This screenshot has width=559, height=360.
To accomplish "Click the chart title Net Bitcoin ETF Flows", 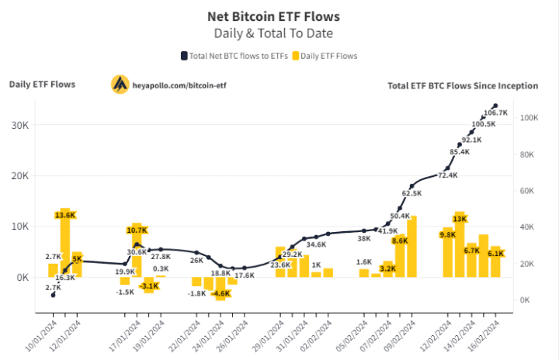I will click(x=273, y=16).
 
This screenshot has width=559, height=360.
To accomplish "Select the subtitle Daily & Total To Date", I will click(x=273, y=33).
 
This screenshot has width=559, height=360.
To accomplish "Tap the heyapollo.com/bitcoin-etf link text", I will click(x=180, y=84).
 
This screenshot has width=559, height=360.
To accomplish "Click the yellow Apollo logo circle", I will click(x=120, y=84).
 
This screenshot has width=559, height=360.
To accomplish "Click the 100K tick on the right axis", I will click(x=530, y=118).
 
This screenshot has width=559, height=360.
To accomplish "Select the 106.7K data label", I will click(x=495, y=112).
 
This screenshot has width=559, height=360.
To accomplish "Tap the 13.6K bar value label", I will click(x=65, y=214).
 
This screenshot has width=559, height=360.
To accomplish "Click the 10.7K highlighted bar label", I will click(x=137, y=230).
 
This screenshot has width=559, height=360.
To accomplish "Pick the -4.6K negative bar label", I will click(x=220, y=294).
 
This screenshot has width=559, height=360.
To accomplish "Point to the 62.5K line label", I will click(x=411, y=193).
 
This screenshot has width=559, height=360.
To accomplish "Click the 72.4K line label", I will click(x=448, y=175).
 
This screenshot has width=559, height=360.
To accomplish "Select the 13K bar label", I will click(x=460, y=219).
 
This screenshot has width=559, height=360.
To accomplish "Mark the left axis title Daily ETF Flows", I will click(x=42, y=84).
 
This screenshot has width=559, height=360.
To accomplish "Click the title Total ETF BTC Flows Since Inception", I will click(x=463, y=85).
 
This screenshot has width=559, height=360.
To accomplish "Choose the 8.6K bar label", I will click(x=400, y=241).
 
